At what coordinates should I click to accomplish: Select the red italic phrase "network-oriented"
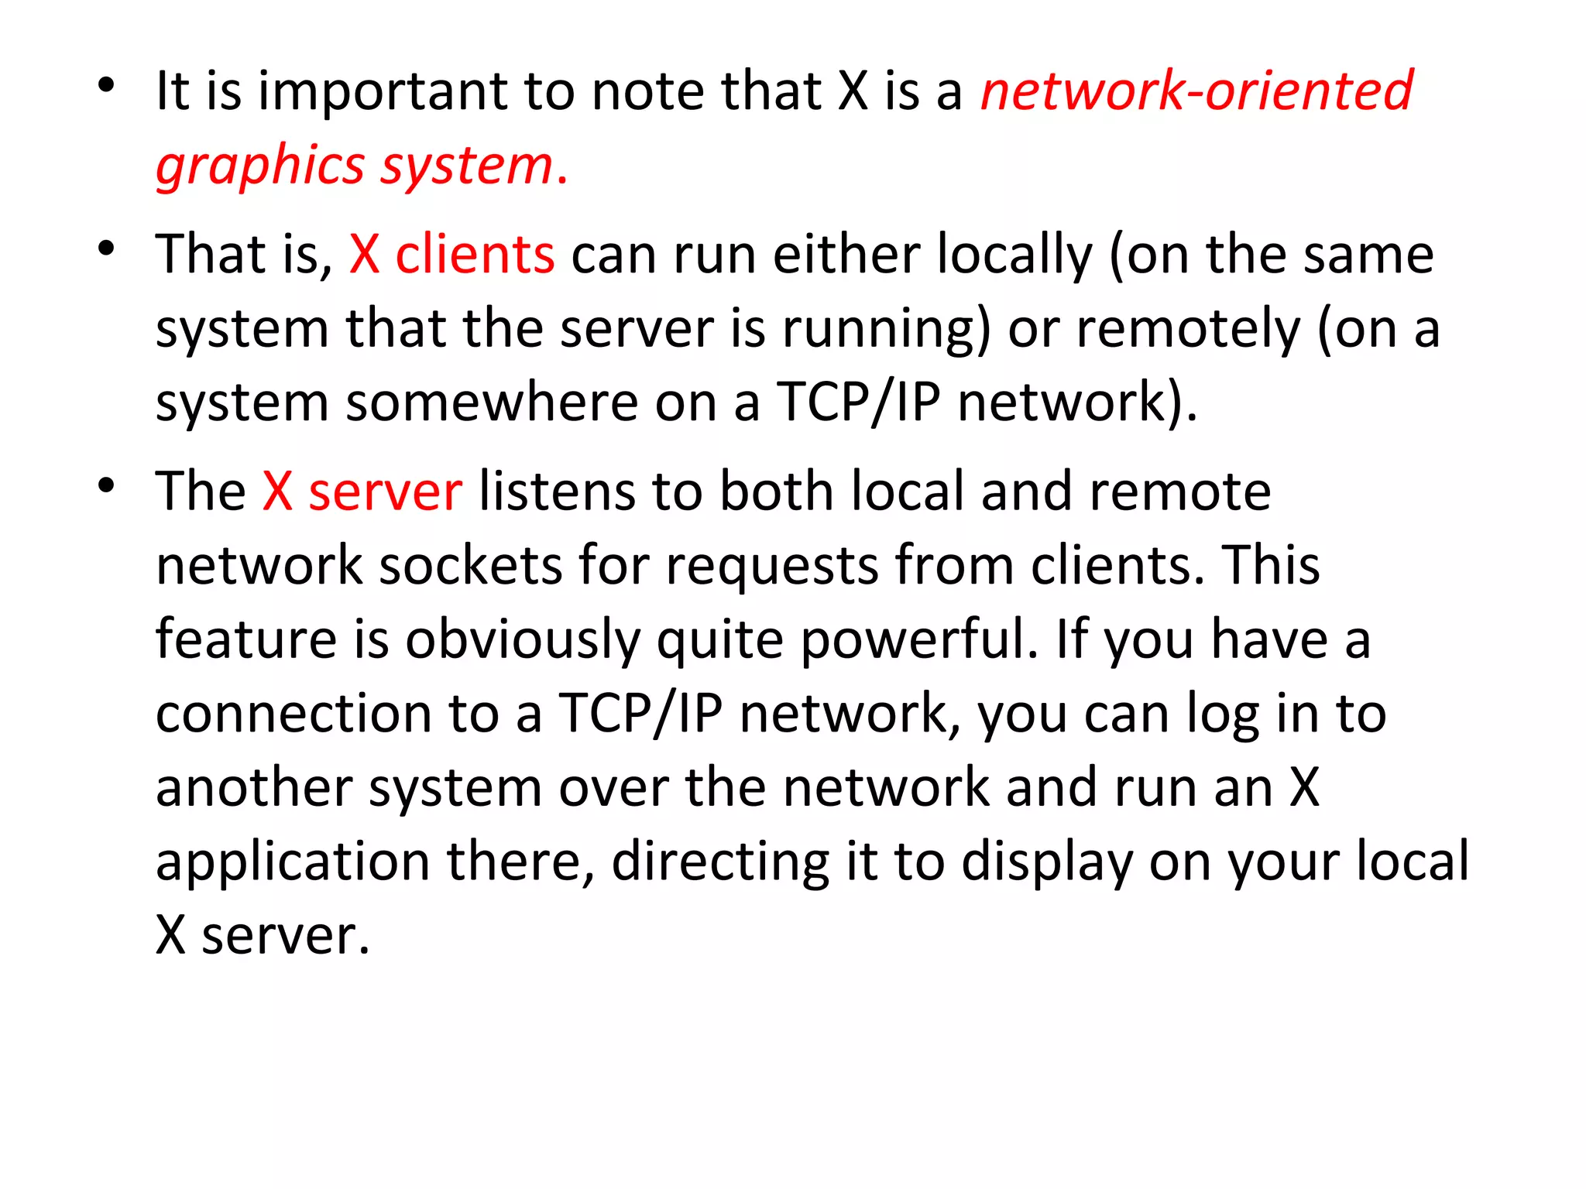coord(1196,91)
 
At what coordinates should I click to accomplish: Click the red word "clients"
coord(475,255)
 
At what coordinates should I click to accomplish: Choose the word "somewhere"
coord(492,403)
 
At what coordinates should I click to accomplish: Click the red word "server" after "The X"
coord(385,492)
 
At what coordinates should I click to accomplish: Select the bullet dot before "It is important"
coord(106,85)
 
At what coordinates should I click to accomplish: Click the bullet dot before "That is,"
coord(106,248)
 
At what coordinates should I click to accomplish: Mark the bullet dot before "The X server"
coord(106,486)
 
